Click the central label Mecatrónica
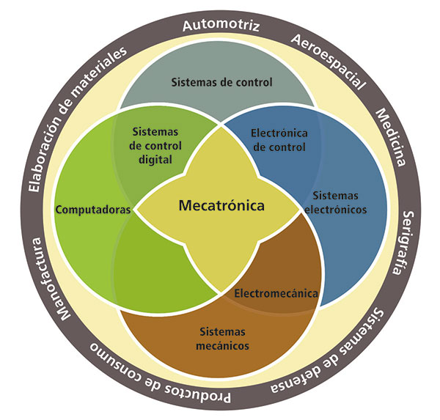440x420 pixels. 221,206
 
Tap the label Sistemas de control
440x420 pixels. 221,82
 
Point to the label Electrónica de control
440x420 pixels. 280,140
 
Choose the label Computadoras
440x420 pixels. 93,209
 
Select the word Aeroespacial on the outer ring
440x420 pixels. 328,61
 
